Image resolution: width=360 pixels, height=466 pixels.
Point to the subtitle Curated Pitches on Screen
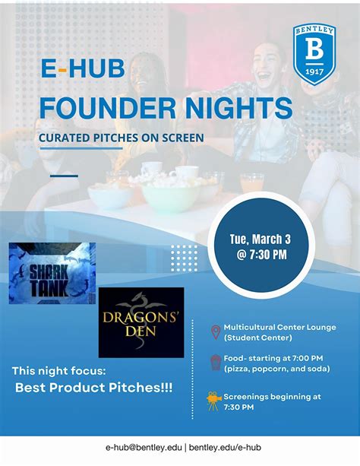click(x=122, y=138)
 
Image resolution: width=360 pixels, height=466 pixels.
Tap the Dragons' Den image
click(x=141, y=322)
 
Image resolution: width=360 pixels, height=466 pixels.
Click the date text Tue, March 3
click(x=260, y=238)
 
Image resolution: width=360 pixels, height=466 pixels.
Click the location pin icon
click(x=215, y=331)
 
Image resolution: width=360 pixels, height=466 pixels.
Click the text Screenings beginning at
click(x=272, y=396)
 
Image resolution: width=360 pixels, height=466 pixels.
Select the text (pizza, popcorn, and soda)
click(x=276, y=369)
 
